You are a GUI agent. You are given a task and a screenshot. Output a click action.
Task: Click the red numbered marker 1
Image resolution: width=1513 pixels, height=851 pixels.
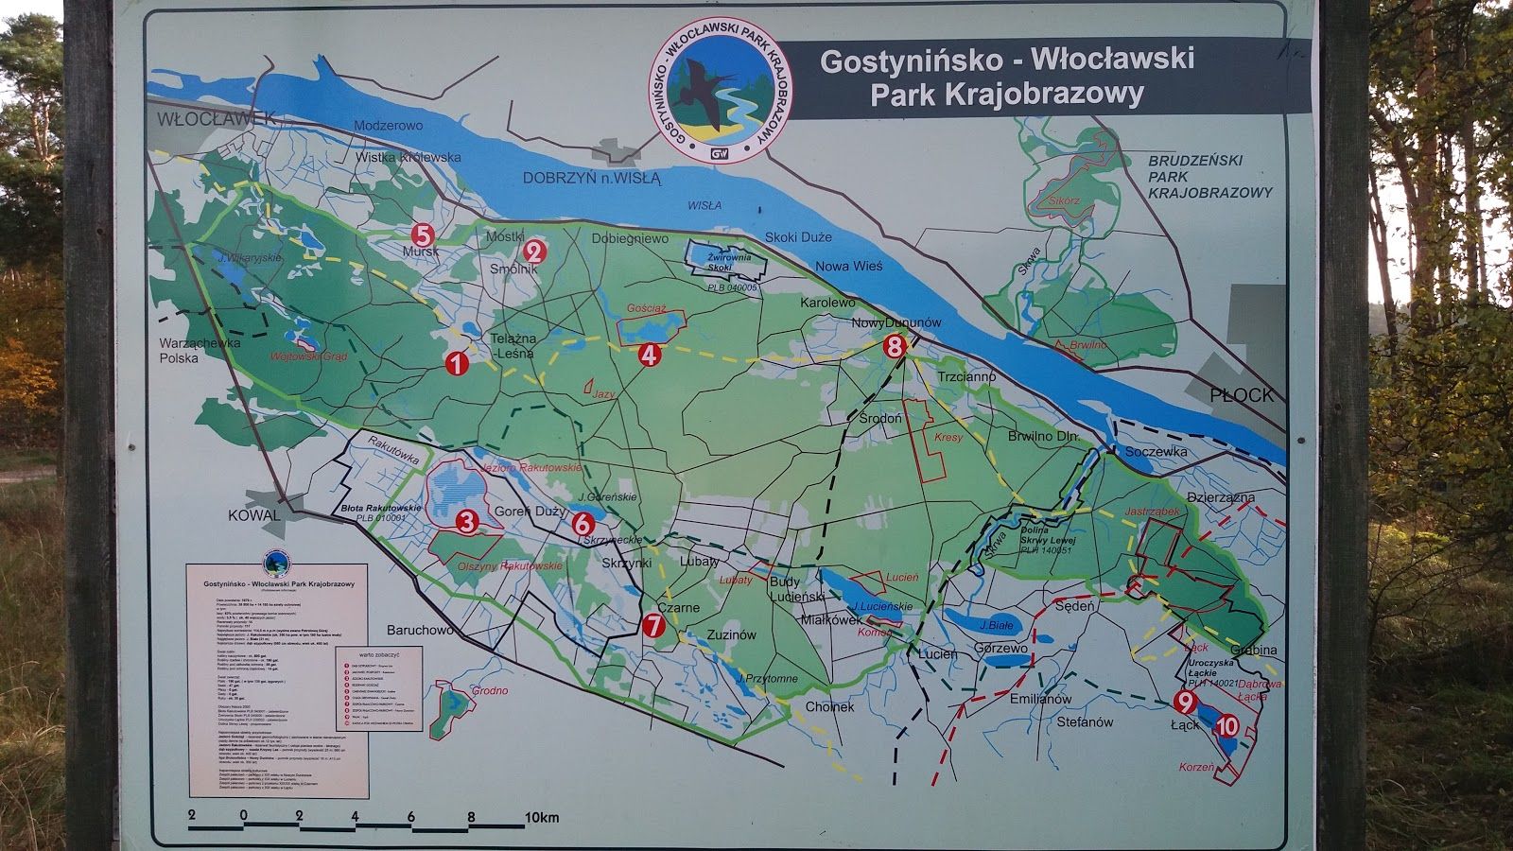pyautogui.click(x=458, y=363)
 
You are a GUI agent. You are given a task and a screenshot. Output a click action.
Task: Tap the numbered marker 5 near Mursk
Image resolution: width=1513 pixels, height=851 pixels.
pyautogui.click(x=422, y=234)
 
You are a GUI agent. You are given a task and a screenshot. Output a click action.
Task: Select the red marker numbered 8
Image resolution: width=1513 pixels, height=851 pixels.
pyautogui.click(x=896, y=347)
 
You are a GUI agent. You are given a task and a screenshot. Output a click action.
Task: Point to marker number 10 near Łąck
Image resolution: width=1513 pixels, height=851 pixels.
pyautogui.click(x=1226, y=726)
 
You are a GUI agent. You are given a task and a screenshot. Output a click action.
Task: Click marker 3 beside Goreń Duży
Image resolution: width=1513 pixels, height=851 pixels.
pyautogui.click(x=465, y=520)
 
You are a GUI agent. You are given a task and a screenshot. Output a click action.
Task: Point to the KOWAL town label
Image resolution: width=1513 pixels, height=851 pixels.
pyautogui.click(x=254, y=515)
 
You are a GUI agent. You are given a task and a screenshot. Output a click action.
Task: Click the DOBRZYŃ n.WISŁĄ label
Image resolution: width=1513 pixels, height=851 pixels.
pyautogui.click(x=592, y=177)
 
